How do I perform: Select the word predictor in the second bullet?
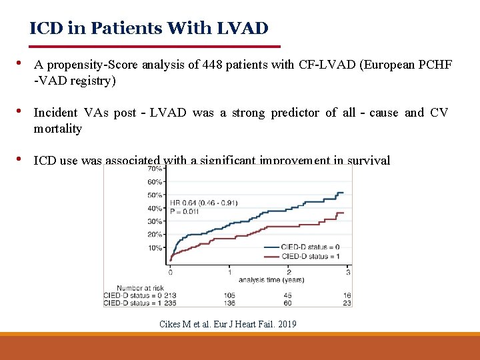[295, 113]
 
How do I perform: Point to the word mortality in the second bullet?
[58, 129]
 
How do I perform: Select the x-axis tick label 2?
[289, 271]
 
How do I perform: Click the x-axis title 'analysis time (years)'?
[272, 279]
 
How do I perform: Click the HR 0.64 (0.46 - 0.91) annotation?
[204, 203]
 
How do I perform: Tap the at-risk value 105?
[230, 295]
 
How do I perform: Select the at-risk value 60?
[287, 303]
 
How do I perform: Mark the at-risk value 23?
[347, 303]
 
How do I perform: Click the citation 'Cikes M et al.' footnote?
[228, 324]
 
